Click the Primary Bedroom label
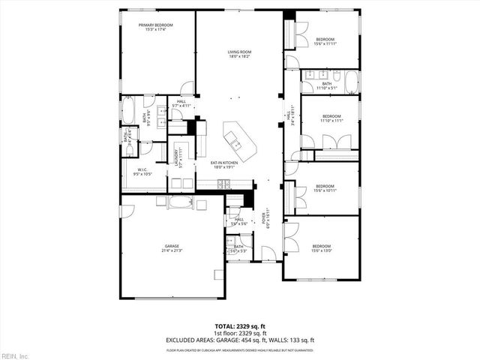click(156, 27)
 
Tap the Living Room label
click(239, 53)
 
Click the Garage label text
click(172, 247)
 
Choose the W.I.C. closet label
click(142, 172)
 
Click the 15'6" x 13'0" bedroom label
click(321, 248)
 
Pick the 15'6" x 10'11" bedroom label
click(324, 187)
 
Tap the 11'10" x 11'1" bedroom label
click(331, 118)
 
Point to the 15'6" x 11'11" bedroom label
click(324, 40)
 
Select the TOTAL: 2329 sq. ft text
click(240, 327)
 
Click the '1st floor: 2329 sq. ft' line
click(240, 333)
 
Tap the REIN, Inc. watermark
click(15, 355)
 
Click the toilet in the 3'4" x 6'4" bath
click(129, 151)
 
